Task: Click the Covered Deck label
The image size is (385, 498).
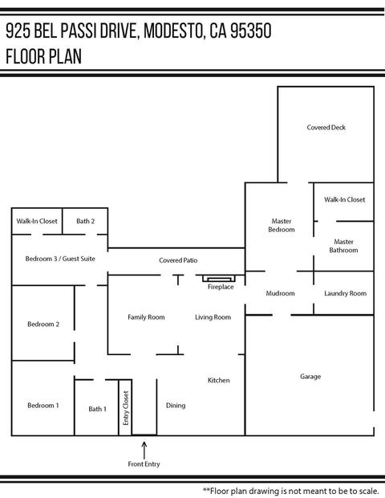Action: click(x=326, y=128)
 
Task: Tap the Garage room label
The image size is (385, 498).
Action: click(x=310, y=377)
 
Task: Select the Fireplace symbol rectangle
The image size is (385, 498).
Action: click(x=219, y=279)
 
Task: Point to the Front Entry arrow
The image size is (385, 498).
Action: click(x=144, y=450)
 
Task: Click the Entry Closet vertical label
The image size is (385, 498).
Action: click(x=126, y=408)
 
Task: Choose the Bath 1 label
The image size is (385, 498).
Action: click(x=97, y=409)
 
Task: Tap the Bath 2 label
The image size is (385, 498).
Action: click(x=85, y=221)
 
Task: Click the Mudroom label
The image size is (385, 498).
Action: click(x=281, y=293)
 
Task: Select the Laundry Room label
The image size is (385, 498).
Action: click(x=346, y=293)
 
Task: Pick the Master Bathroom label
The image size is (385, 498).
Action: click(x=343, y=246)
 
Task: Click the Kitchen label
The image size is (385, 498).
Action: click(x=218, y=380)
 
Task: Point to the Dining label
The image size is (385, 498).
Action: click(x=176, y=406)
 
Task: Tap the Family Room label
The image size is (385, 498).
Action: click(x=146, y=317)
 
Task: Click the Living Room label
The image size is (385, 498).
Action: click(x=213, y=317)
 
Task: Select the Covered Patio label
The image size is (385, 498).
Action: click(x=178, y=260)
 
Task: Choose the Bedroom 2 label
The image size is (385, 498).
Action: click(x=43, y=325)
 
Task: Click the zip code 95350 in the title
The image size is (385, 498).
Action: click(x=251, y=31)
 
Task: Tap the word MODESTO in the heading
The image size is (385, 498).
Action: click(x=173, y=31)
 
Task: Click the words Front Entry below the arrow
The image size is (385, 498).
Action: click(x=144, y=464)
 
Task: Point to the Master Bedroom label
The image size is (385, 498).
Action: click(x=282, y=225)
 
